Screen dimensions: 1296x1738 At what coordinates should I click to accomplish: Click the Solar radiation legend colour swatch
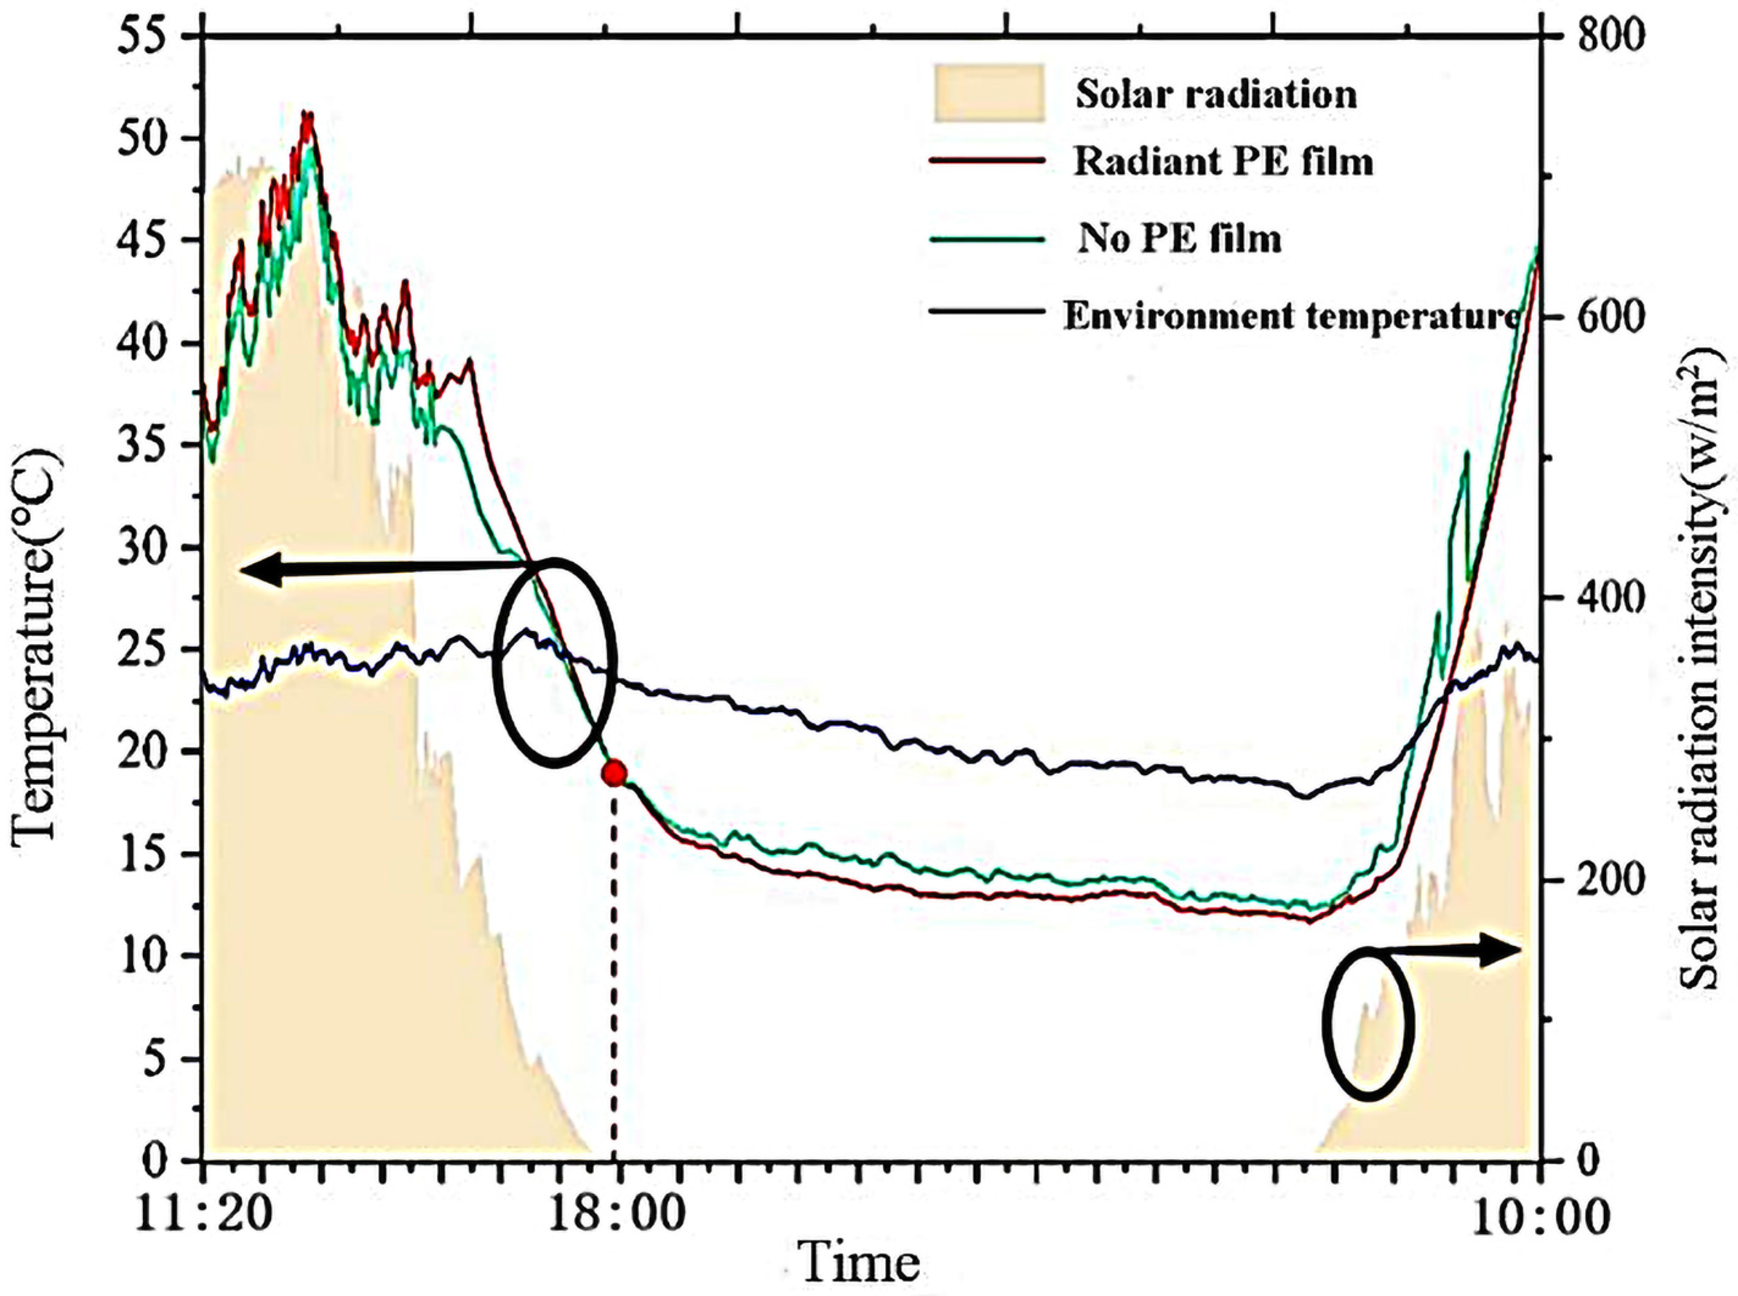click(988, 93)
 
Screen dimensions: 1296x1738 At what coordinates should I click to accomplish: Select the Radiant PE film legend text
click(1223, 162)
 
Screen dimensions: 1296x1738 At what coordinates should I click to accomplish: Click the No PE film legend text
click(1179, 238)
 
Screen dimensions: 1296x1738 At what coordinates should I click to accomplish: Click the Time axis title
click(859, 1264)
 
